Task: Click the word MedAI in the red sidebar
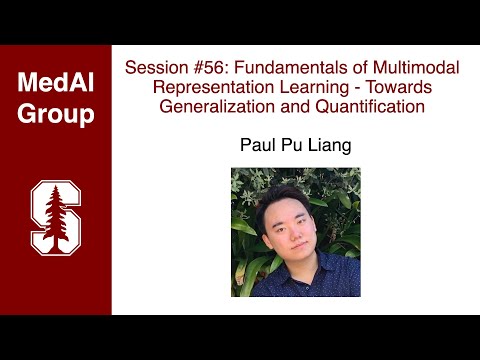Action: (x=55, y=83)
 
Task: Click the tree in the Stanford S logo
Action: (x=55, y=215)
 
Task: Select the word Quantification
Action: (x=365, y=105)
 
